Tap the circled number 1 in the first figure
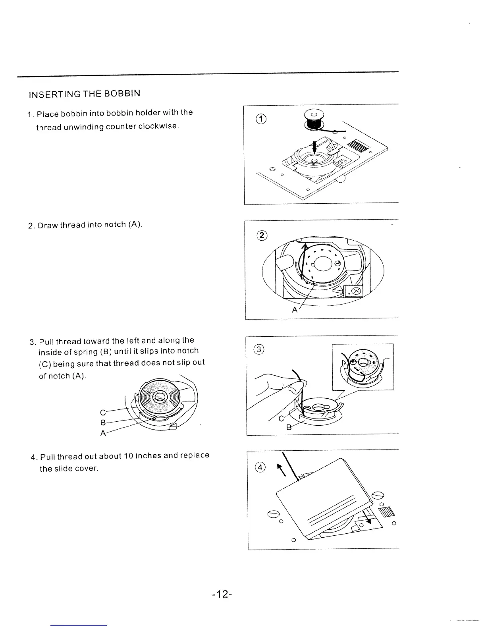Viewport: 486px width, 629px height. pyautogui.click(x=261, y=118)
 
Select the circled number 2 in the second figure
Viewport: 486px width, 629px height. pyautogui.click(x=262, y=235)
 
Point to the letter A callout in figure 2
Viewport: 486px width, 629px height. pyautogui.click(x=295, y=310)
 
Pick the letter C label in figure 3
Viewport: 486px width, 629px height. pyautogui.click(x=282, y=419)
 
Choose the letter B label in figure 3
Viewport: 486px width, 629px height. pyautogui.click(x=289, y=428)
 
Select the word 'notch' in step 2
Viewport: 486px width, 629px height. pyautogui.click(x=114, y=225)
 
